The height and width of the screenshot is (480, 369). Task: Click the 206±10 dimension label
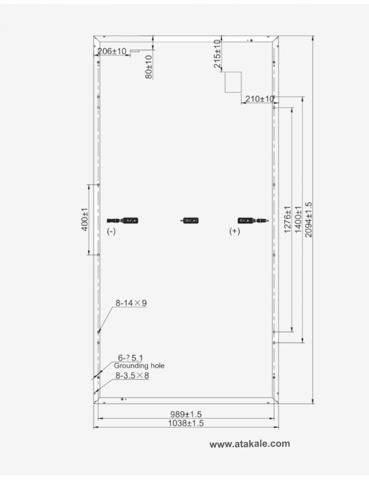[x=112, y=51]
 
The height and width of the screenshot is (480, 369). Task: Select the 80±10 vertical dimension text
[x=148, y=66]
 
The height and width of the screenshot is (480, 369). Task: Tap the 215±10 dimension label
[x=217, y=54]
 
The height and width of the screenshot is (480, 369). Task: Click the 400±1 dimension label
[x=84, y=219]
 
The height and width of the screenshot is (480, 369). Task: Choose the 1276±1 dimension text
[x=288, y=219]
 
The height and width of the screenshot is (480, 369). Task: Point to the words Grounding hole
[x=139, y=365]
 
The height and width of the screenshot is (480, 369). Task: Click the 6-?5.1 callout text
[x=130, y=358]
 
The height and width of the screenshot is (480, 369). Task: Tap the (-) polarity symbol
[x=111, y=231]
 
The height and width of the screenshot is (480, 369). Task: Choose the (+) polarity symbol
[x=234, y=231]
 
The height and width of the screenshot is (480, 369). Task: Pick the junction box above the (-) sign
[x=130, y=220]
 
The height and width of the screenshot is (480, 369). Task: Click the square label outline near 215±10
[x=233, y=82]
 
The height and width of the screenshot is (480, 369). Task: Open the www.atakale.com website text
[x=250, y=444]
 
